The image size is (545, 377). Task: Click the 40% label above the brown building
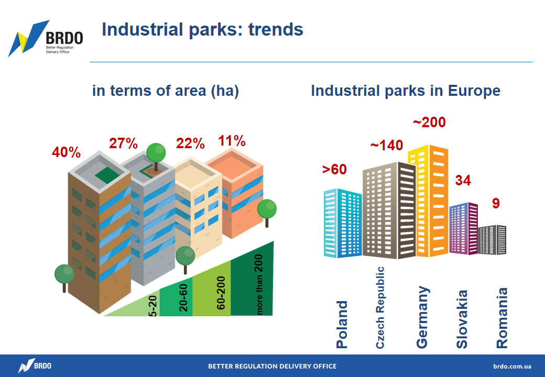pos(66,152)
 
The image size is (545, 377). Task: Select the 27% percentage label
pos(123,143)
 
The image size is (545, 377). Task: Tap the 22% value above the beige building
pos(190,143)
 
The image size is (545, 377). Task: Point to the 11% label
pos(232,141)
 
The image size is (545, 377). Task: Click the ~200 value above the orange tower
pos(429,122)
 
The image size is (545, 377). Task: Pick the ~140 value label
pos(387,145)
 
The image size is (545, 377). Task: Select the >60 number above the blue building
pos(334,170)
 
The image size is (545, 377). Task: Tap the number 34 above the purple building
pos(463,180)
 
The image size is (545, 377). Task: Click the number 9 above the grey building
pos(496,203)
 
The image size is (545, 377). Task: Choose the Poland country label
pos(342,324)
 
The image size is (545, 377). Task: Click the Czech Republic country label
pos(380,307)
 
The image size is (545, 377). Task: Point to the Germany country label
pos(423,317)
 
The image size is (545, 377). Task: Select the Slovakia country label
pos(462,319)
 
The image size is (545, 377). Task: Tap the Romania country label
pos(502,318)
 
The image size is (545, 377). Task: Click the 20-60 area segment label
pos(183,297)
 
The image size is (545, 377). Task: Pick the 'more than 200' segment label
pos(259,285)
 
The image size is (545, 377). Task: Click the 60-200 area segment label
pos(221,293)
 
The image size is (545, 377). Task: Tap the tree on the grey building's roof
pos(156,156)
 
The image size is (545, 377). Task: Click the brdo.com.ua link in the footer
pos(512,366)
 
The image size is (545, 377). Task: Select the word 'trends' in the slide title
pos(276,29)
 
